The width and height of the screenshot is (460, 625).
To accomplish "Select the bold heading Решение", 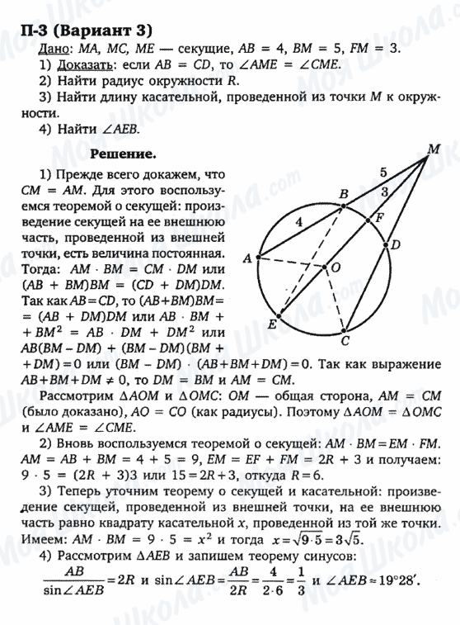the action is [x=123, y=154].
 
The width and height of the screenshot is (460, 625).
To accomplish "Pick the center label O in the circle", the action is [x=336, y=268].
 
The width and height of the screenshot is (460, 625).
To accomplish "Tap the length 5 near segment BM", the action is [x=382, y=173].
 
